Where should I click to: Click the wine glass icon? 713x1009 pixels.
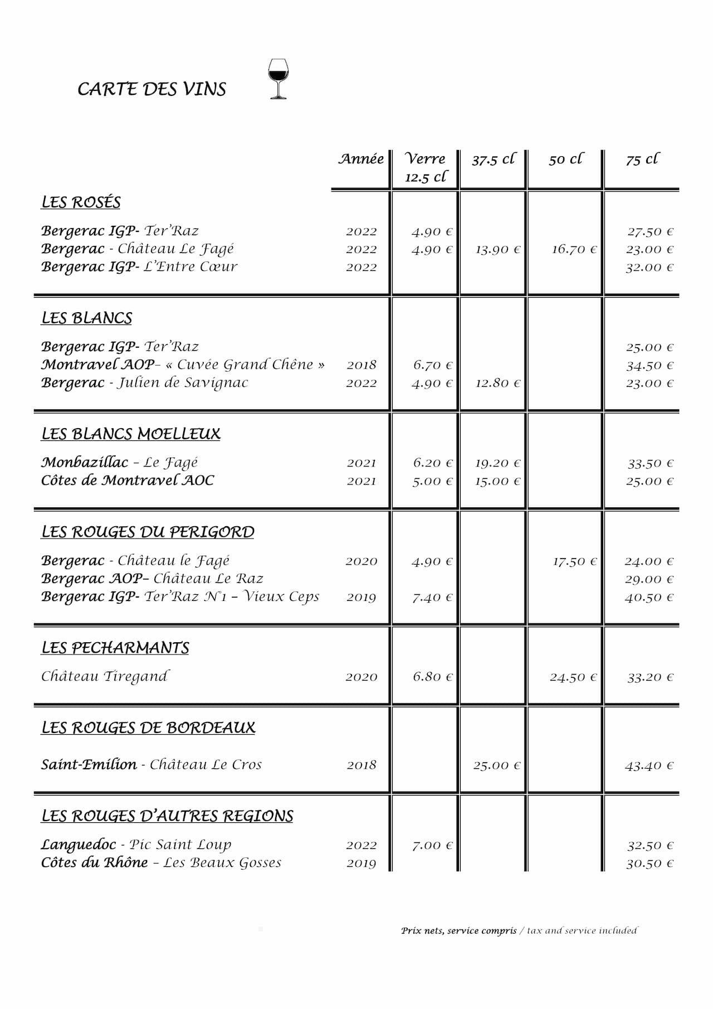click(x=278, y=79)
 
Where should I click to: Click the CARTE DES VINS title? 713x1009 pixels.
click(x=152, y=89)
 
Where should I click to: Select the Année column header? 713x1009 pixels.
click(x=361, y=159)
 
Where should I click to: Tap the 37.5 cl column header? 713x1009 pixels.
click(x=494, y=159)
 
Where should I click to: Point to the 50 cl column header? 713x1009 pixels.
click(x=565, y=159)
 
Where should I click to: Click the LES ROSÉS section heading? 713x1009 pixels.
click(x=81, y=202)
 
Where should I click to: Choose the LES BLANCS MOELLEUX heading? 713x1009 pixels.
click(x=131, y=434)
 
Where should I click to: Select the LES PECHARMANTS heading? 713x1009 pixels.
click(x=115, y=647)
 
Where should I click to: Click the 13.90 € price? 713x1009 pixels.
click(x=497, y=249)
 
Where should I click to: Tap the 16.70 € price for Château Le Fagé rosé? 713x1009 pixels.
click(x=574, y=249)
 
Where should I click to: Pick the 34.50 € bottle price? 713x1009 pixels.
click(x=649, y=365)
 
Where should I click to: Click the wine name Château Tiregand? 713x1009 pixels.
click(x=105, y=676)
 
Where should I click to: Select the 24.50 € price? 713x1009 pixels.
click(x=573, y=677)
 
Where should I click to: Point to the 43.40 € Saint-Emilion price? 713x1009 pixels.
click(x=649, y=765)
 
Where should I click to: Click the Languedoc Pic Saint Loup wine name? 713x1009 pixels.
click(x=136, y=845)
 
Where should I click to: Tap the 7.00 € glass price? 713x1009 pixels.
click(x=432, y=845)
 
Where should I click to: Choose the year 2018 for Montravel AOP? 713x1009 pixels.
click(x=362, y=365)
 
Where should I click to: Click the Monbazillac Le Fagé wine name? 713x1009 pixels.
click(x=120, y=462)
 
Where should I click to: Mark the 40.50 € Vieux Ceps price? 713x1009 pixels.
click(x=649, y=597)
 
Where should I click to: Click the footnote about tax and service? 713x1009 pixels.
click(x=519, y=930)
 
